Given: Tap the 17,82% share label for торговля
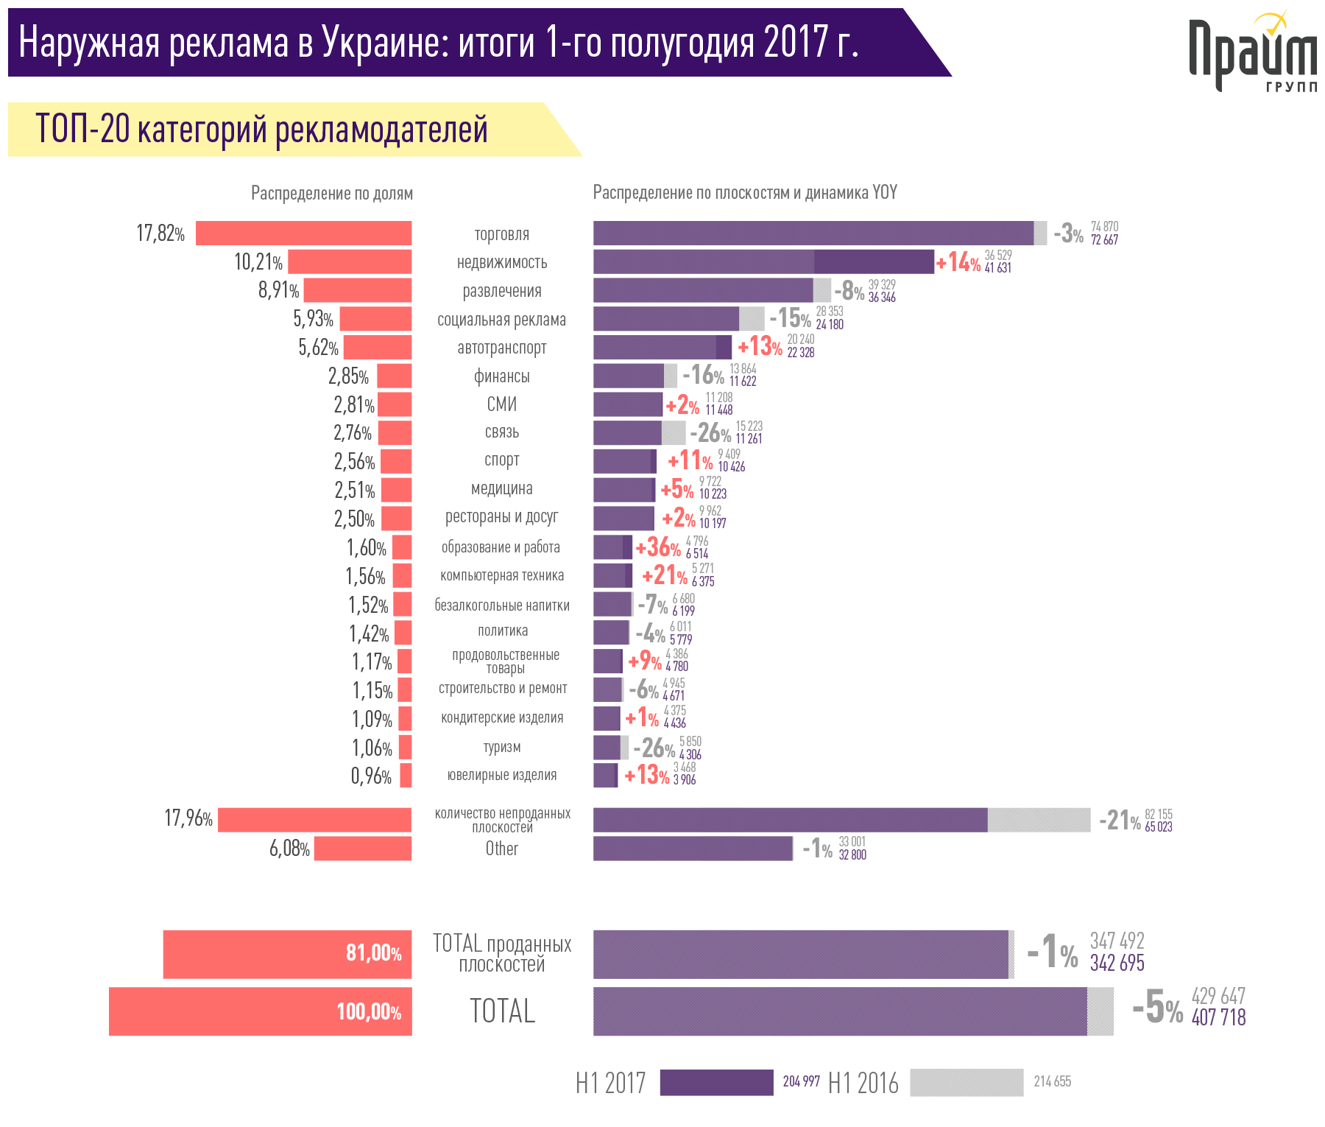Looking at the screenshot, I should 160,234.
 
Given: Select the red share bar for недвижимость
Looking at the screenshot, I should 350,262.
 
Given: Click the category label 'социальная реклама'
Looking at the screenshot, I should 502,320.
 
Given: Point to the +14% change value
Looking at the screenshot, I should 958,262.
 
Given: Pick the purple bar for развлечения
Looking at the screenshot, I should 703,290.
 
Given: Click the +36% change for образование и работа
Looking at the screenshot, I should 658,547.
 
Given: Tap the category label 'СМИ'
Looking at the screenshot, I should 502,404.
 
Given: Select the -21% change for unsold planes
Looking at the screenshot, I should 1120,821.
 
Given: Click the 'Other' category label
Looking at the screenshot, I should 502,849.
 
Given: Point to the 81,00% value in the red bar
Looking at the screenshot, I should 374,954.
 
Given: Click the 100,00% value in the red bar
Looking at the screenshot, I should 369,1012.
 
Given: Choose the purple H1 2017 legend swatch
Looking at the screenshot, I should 716,1082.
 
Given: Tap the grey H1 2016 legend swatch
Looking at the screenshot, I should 967,1082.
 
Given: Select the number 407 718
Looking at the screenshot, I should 1218,1018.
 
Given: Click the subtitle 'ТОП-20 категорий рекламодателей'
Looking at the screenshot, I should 262,130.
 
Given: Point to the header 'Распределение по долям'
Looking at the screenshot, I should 332,194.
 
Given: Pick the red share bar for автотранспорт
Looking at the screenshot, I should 378,348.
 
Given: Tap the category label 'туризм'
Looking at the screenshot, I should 502,747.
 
